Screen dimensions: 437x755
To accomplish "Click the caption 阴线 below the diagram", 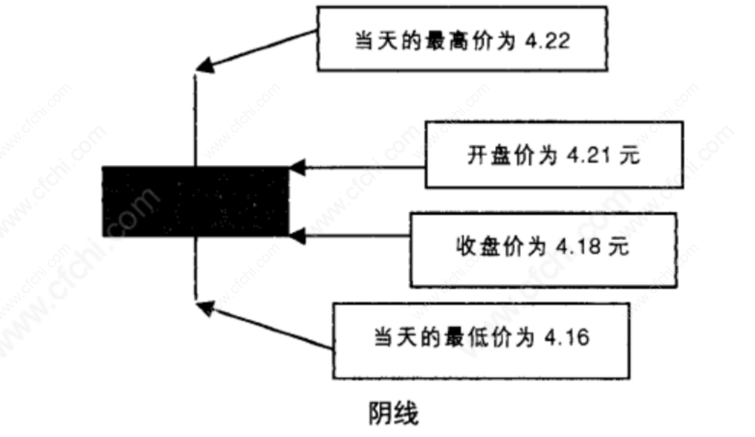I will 393,413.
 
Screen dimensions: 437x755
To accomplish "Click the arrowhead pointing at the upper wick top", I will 205,65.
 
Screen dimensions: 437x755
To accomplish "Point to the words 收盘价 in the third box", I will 490,247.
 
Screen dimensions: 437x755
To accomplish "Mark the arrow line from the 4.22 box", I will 264,48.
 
